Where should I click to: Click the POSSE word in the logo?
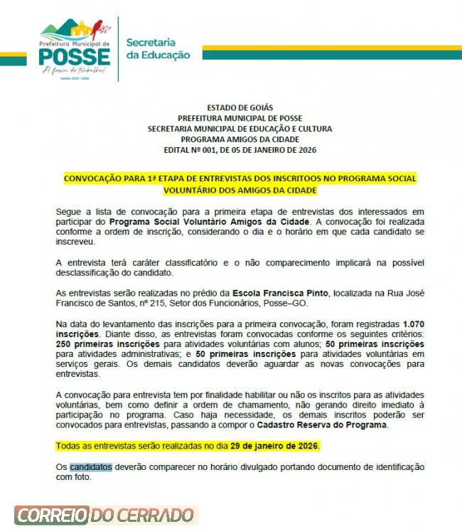[x=75, y=57]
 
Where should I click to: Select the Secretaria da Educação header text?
[x=158, y=48]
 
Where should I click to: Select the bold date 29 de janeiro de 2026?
[x=275, y=446]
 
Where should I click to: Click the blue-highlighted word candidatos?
[x=91, y=467]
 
